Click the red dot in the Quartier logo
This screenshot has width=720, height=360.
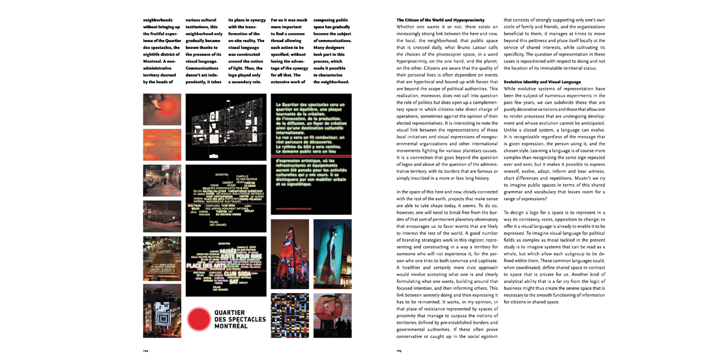(199, 319)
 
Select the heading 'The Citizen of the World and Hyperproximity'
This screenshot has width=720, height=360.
(433, 20)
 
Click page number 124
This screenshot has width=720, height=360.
(145, 350)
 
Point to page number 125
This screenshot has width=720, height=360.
(399, 350)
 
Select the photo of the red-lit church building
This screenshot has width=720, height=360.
(290, 254)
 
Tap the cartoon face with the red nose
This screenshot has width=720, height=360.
(332, 315)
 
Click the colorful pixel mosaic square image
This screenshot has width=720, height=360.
(290, 315)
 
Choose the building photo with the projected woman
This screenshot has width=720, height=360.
(332, 254)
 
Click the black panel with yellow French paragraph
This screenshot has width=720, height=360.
(311, 154)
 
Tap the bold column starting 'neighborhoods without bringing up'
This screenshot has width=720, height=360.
(162, 51)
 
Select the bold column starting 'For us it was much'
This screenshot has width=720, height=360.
(289, 51)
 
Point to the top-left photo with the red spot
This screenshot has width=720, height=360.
(162, 109)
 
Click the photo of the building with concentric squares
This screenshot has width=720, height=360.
(162, 310)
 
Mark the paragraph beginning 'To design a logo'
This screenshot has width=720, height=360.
(554, 259)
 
